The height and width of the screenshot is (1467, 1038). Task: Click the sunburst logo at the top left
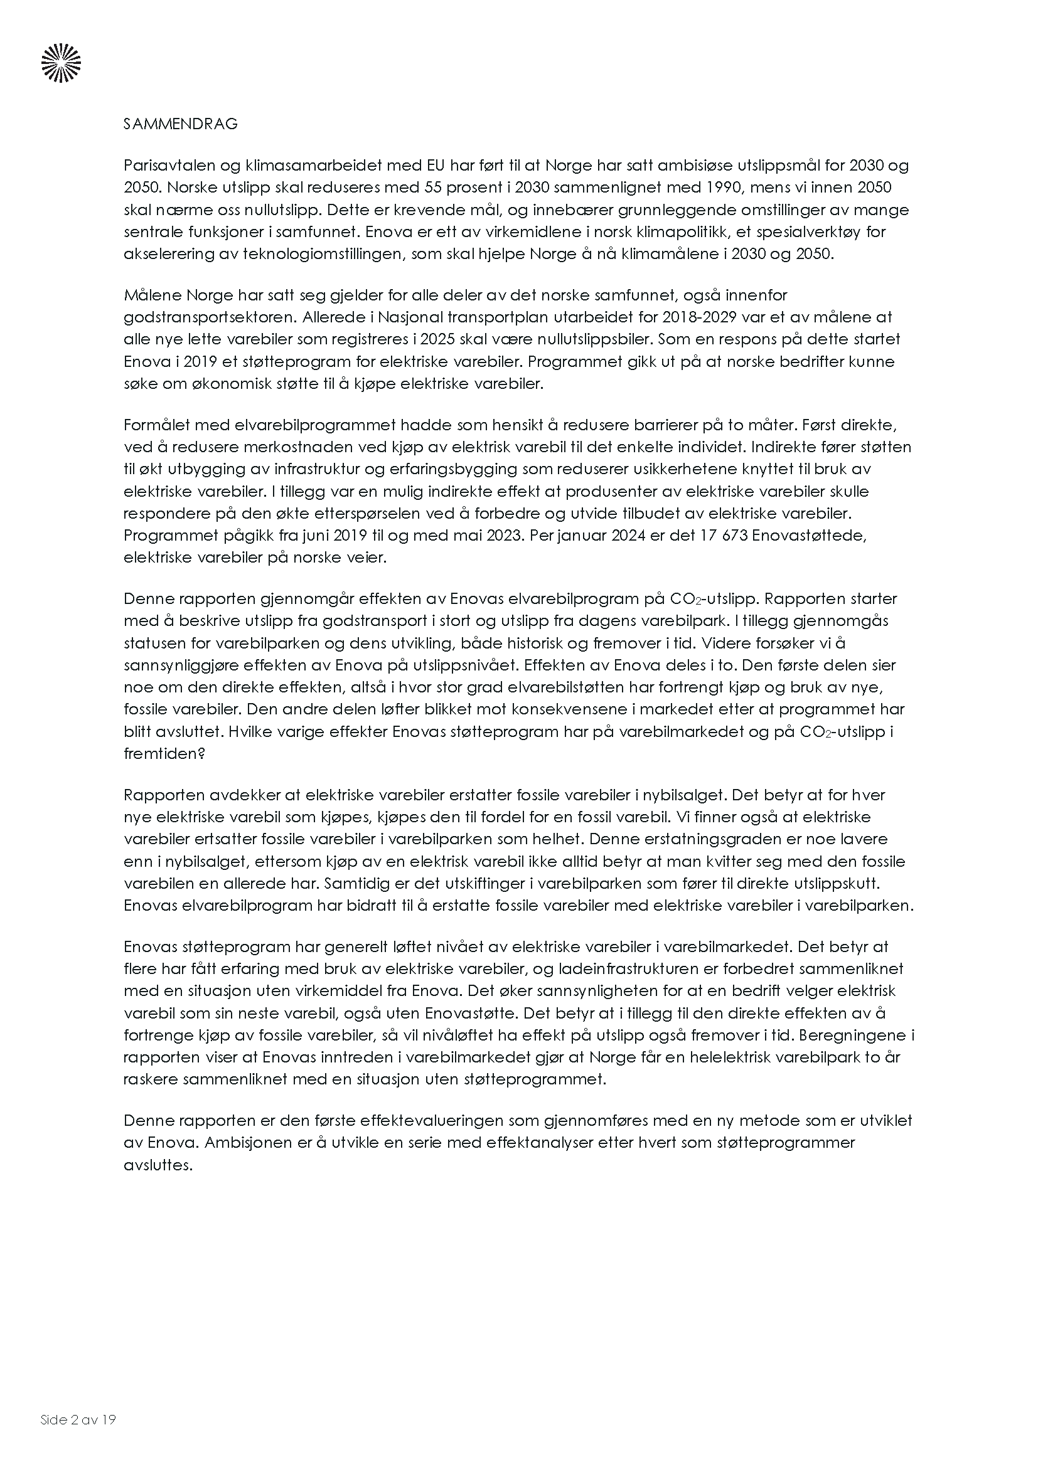pos(62,63)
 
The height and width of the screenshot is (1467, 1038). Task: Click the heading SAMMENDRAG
pos(180,124)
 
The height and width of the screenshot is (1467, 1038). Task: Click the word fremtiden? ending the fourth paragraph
pos(164,753)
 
